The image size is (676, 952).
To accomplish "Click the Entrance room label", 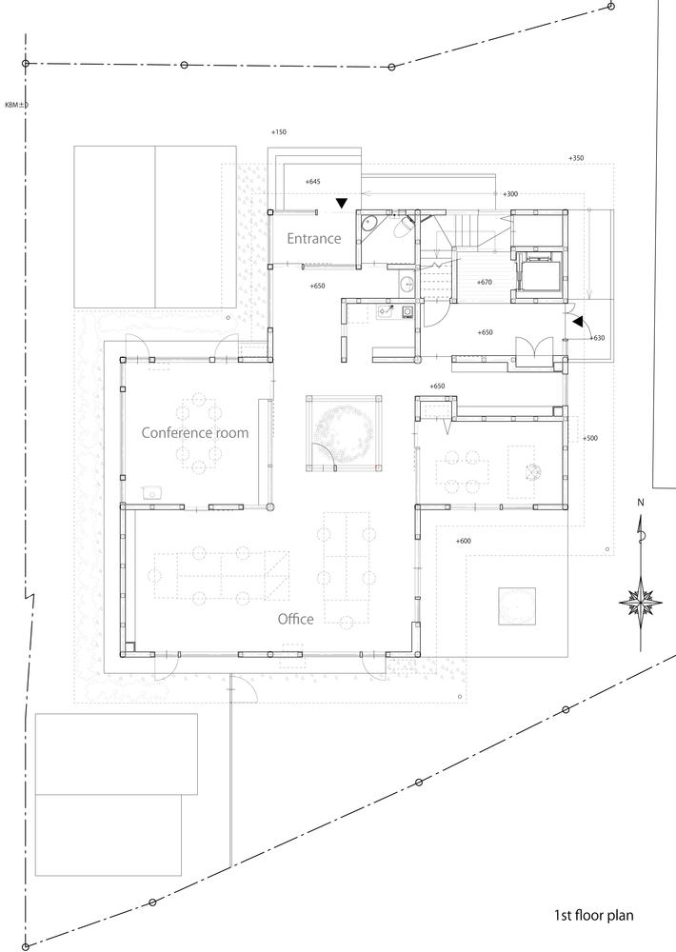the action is click(313, 239).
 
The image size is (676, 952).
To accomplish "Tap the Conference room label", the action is click(195, 432).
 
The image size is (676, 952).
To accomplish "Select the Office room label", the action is click(296, 619).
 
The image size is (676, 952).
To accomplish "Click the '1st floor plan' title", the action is click(593, 915).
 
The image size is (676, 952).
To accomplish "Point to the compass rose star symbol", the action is click(640, 603).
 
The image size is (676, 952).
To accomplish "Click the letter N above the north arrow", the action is click(640, 502).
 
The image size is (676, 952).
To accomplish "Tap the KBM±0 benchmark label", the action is click(16, 105).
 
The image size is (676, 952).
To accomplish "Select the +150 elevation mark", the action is click(279, 131).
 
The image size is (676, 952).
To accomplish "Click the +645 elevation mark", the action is click(313, 181).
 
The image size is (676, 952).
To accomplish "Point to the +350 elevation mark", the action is click(576, 158).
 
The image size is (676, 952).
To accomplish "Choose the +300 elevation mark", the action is click(510, 193).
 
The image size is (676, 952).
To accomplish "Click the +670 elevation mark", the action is click(484, 282).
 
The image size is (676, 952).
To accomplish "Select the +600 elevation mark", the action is click(463, 541).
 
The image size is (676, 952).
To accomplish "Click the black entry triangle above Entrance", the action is click(343, 203).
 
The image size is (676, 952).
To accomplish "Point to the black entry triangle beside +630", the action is click(578, 321).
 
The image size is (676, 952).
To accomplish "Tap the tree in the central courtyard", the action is click(344, 433).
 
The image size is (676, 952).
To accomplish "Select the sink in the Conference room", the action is click(151, 492).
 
